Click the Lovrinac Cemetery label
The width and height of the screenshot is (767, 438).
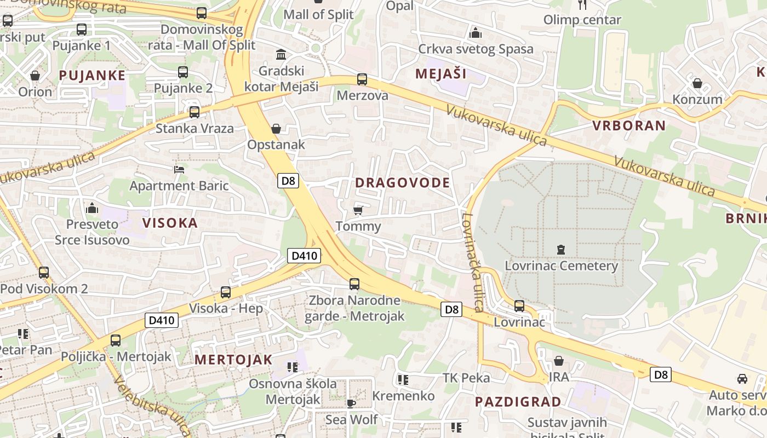(x=561, y=266)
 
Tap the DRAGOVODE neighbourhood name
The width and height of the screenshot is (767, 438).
(x=403, y=183)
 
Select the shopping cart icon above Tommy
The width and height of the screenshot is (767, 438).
(x=358, y=210)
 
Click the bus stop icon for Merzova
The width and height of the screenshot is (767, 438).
(x=362, y=79)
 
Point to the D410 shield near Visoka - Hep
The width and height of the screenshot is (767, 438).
(x=162, y=320)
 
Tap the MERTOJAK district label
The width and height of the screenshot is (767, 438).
(x=233, y=360)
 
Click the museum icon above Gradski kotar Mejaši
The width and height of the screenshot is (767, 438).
(x=282, y=55)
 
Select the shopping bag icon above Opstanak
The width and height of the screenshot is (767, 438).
(x=276, y=129)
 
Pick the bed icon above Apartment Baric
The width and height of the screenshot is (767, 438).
(x=179, y=169)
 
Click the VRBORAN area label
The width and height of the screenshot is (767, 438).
(x=629, y=125)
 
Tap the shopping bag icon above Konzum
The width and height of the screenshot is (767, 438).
(x=697, y=83)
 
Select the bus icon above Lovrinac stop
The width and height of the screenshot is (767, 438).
(x=519, y=306)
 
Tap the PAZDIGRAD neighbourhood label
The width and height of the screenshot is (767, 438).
(x=518, y=401)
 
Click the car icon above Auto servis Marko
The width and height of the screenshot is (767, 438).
(x=742, y=378)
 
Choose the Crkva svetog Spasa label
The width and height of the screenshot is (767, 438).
(x=476, y=49)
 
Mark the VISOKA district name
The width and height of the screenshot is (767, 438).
(x=170, y=223)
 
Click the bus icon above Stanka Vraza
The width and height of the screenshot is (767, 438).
(x=194, y=112)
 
